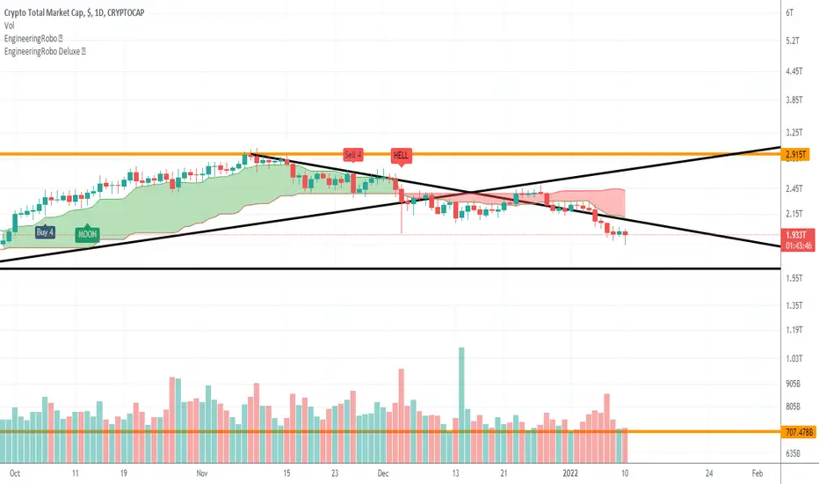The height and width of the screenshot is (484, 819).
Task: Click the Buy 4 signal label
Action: [45, 231]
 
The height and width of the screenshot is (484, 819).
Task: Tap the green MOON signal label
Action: [87, 233]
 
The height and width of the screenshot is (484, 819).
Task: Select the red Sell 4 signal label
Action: [353, 155]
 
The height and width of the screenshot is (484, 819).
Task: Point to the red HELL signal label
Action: [401, 156]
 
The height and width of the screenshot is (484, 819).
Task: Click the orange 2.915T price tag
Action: [795, 154]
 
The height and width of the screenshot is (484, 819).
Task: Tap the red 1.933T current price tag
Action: [795, 235]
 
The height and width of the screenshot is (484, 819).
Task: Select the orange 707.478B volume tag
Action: [799, 432]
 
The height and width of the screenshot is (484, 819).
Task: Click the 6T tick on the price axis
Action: [789, 12]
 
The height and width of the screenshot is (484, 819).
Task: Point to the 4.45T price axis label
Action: [794, 71]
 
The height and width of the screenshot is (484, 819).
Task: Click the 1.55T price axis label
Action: [794, 278]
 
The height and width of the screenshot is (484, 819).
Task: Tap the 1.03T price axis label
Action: [794, 358]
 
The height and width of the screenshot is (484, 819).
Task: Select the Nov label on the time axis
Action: [202, 473]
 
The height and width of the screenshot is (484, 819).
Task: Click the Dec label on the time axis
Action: [383, 473]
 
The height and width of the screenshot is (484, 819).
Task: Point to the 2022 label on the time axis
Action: [570, 473]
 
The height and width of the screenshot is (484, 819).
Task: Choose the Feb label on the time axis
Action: [757, 473]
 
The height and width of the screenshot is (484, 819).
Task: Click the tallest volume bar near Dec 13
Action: [461, 405]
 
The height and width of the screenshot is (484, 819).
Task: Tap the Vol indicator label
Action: [10, 26]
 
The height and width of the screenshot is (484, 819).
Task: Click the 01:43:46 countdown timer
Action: [798, 246]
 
